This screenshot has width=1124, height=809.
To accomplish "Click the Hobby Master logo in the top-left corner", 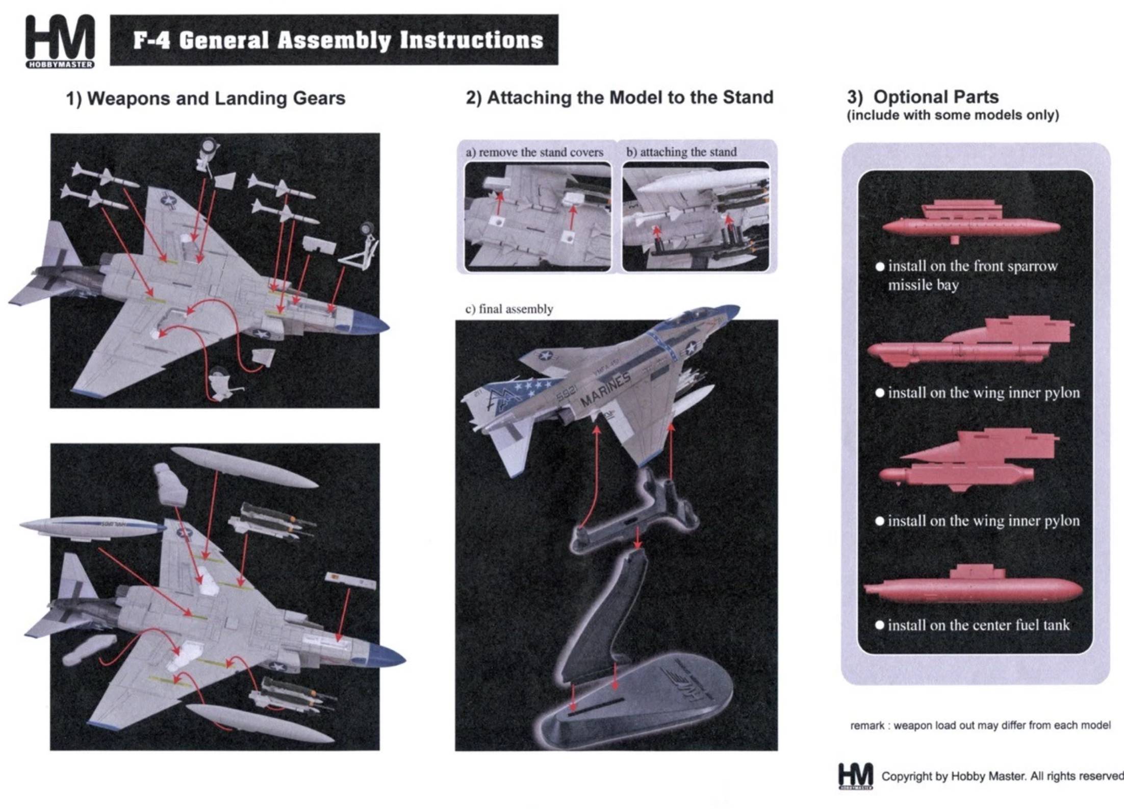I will tap(60, 41).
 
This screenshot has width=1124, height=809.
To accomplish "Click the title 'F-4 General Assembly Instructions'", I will tap(338, 40).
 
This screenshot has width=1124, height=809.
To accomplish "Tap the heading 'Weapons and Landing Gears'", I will tap(206, 98).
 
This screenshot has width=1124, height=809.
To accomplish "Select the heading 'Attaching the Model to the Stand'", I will tap(619, 97).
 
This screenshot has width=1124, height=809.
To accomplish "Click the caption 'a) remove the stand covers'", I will tap(534, 152).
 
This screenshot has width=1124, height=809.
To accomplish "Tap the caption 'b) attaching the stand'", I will tap(681, 151).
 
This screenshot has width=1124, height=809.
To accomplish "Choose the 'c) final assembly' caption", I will tap(509, 309).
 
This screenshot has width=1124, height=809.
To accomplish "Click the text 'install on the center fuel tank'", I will tap(978, 625).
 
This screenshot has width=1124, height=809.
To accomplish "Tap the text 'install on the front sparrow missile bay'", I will tap(972, 275).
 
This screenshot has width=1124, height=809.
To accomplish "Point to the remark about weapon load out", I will tap(980, 725).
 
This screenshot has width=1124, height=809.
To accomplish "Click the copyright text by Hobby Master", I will tap(1002, 776).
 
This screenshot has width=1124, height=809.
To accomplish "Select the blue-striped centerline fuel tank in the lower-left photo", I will tap(92, 527).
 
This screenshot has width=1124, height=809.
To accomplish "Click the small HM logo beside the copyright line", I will tap(855, 776).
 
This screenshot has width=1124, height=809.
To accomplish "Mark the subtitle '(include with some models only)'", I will tap(953, 115).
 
